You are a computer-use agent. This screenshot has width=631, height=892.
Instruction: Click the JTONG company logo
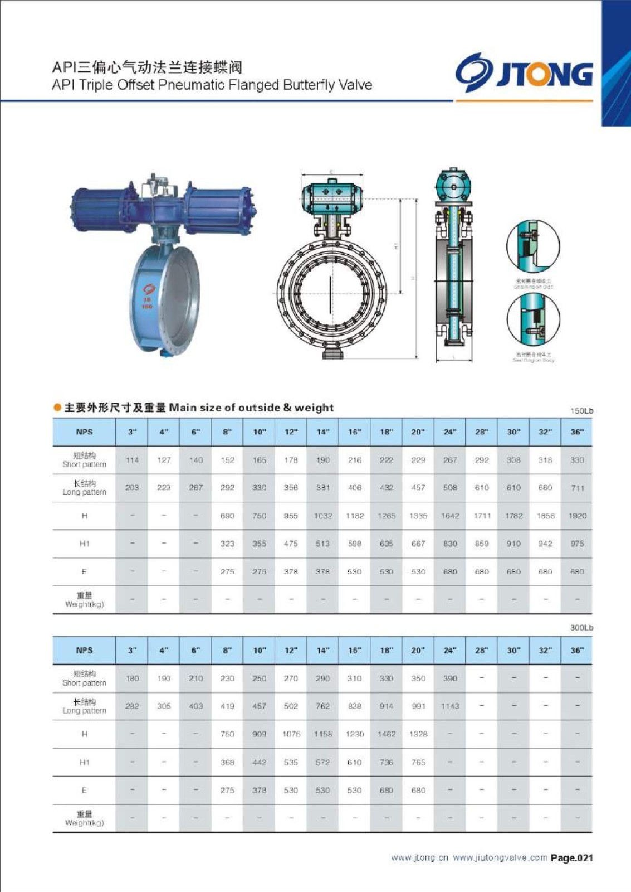[x=524, y=73]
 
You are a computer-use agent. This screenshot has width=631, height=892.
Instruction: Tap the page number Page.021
[x=571, y=858]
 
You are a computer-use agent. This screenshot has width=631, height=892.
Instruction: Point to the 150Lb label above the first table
[x=581, y=411]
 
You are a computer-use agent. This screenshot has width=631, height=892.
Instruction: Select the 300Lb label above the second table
[x=581, y=628]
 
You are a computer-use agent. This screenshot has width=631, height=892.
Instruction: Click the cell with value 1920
[x=577, y=516]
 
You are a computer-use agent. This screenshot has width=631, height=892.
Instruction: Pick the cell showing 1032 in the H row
[x=323, y=516]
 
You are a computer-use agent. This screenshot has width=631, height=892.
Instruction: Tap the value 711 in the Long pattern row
[x=578, y=488]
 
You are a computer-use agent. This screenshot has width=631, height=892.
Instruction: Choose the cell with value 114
[x=132, y=460]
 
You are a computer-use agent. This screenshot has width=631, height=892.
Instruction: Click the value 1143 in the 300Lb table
[x=450, y=706]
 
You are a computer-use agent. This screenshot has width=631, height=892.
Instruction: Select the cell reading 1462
[x=387, y=734]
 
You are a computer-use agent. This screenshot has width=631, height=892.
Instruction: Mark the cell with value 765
[x=418, y=762]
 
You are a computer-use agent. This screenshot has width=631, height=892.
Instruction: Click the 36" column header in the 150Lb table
[x=577, y=432]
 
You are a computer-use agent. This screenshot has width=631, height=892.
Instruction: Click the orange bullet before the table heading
[x=57, y=408]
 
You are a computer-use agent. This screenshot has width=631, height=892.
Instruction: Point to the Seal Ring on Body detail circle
[x=533, y=318]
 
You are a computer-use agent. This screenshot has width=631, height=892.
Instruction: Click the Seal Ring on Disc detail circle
[x=533, y=246]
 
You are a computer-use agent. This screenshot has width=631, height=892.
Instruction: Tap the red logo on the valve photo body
[x=148, y=290]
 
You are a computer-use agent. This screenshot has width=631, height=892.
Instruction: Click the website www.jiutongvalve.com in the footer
[x=500, y=858]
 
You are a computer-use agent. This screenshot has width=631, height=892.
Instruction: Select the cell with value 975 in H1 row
[x=577, y=544]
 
